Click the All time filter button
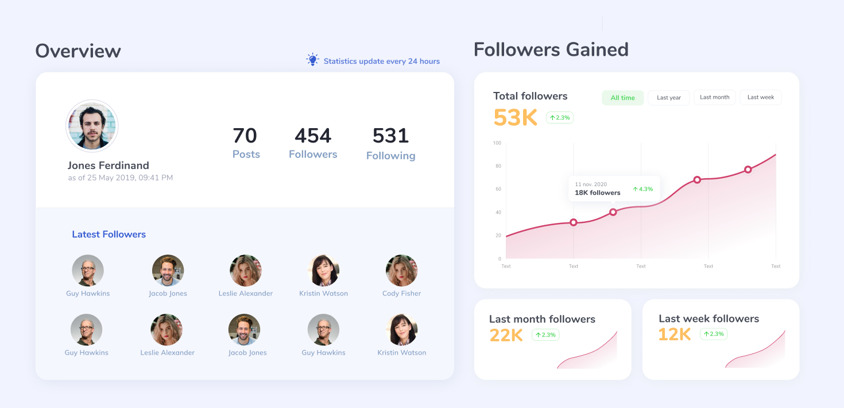coord(622,98)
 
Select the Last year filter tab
coord(669,98)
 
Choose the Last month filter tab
coord(714,97)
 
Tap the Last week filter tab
coord(761,97)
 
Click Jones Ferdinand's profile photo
coord(92,126)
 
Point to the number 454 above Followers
coord(313,136)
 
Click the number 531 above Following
coord(391,136)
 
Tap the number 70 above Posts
coord(245,136)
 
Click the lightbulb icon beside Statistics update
coord(312,60)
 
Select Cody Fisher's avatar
coord(402,270)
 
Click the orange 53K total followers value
coord(515,117)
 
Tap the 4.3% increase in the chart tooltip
coord(643,189)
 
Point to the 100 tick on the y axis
coord(497,143)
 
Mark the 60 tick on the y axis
coord(498,189)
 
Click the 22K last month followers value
coord(506,335)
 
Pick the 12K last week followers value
coord(675,334)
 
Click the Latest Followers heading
coord(109,234)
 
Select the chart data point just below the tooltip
coord(613,212)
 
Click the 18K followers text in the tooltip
coord(597,193)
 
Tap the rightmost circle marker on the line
coord(748,170)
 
